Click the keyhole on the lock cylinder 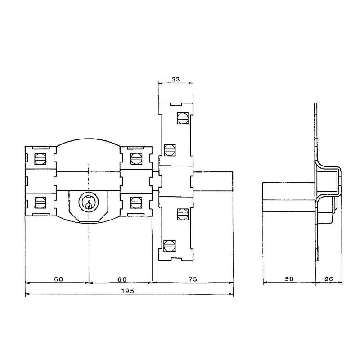pyautogui.click(x=89, y=202)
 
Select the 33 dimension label pyautogui.click(x=176, y=79)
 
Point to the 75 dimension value pyautogui.click(x=193, y=279)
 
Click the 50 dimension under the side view pyautogui.click(x=289, y=279)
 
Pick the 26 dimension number pyautogui.click(x=328, y=279)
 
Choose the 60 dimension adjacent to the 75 pyautogui.click(x=121, y=279)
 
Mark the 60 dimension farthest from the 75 pyautogui.click(x=58, y=279)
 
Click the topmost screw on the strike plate pyautogui.click(x=183, y=118)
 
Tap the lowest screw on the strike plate pyautogui.click(x=169, y=246)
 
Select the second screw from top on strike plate pyautogui.click(x=169, y=149)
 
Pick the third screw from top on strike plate pyautogui.click(x=183, y=213)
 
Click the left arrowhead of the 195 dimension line pyautogui.click(x=27, y=295)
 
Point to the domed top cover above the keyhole pyautogui.click(x=89, y=153)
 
